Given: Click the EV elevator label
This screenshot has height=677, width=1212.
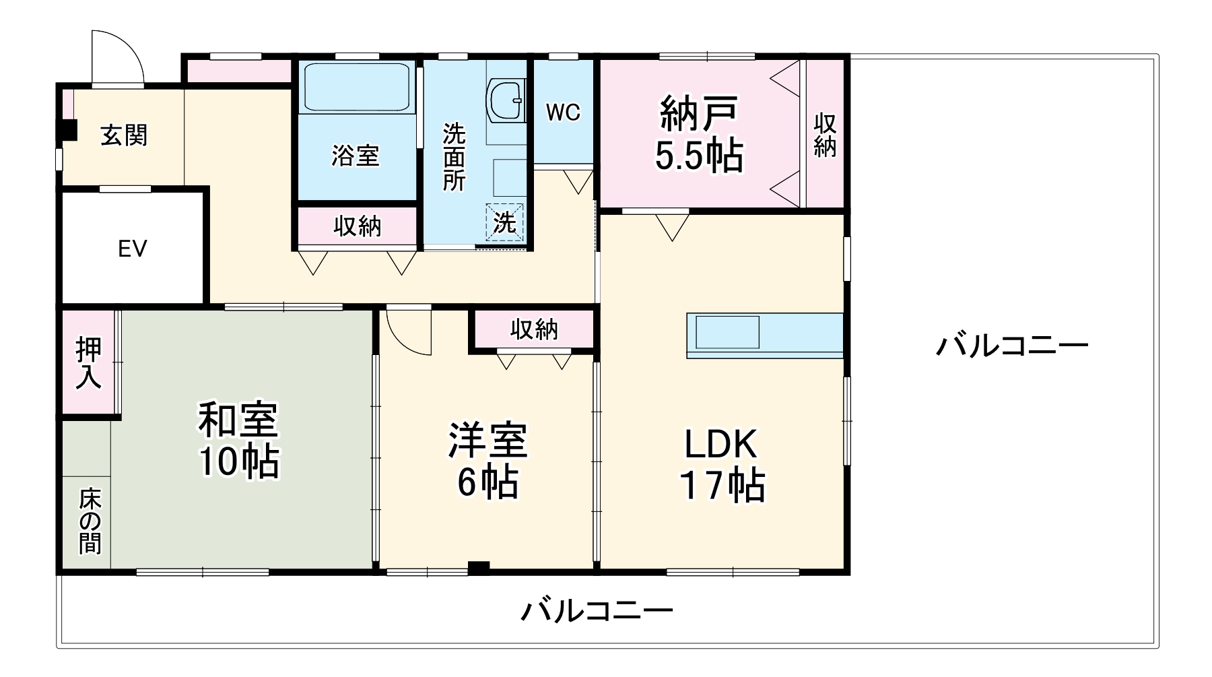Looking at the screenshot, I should tap(132, 249).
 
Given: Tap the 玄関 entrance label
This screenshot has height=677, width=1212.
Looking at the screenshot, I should tap(124, 135).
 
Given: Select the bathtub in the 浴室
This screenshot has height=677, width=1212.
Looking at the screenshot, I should tap(357, 87).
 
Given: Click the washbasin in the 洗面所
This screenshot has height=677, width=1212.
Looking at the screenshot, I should tap(506, 102).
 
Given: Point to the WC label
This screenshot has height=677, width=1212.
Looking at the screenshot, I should tap(563, 112).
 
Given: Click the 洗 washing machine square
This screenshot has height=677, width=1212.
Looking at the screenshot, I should tap(505, 222).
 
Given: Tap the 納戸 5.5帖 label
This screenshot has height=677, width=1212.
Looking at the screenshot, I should tap(699, 134).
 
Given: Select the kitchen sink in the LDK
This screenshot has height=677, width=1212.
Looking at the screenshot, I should tap(727, 332).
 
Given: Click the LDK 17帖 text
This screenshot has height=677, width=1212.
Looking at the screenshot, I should tap(722, 464).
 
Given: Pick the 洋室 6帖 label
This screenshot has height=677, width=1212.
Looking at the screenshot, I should tap(488, 460).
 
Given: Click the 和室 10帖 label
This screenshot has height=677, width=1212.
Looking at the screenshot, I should tap(238, 440).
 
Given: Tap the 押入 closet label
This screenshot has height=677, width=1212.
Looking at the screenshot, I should tap(88, 363).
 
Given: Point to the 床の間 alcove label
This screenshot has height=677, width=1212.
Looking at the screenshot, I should tap(90, 521).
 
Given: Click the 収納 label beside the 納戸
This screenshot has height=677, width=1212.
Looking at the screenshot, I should tap(825, 135).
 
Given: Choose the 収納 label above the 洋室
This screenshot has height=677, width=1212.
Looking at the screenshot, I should tap(534, 329).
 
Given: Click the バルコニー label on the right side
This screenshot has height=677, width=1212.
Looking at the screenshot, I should tap(1012, 346).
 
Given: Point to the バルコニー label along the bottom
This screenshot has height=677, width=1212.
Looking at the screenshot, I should tap(597, 611).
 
